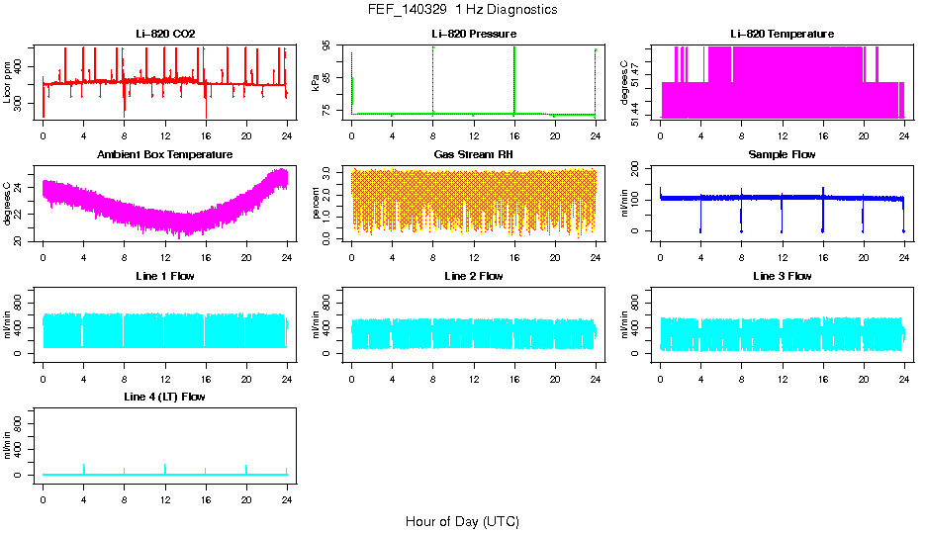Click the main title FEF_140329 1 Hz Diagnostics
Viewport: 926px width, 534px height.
(462, 10)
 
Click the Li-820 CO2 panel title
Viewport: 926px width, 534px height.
(165, 35)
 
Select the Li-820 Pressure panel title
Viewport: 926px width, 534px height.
(474, 35)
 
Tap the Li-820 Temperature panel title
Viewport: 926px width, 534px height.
(782, 35)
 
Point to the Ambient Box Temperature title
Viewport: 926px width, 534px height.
(165, 155)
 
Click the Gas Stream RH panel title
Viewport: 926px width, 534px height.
(474, 155)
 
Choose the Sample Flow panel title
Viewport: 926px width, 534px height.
(782, 155)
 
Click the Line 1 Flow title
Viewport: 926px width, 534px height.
(165, 276)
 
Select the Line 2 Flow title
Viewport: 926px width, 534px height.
(474, 276)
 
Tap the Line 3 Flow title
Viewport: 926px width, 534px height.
(782, 276)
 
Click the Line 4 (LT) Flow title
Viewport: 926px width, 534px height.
(165, 397)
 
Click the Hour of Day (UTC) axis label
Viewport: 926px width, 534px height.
(462, 521)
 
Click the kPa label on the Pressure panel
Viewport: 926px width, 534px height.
(316, 83)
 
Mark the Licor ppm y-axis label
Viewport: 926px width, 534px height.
(8, 83)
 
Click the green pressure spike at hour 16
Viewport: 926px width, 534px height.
(514, 79)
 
